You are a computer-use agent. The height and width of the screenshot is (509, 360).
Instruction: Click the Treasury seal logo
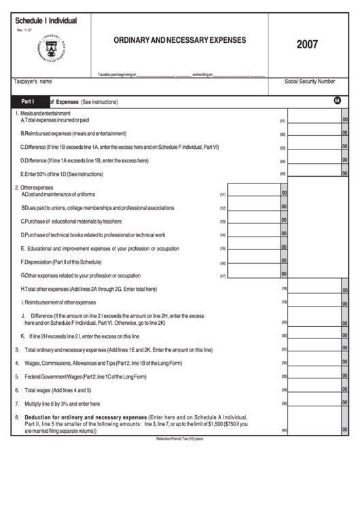tap(50, 50)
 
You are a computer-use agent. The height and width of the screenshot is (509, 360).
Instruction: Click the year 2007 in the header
tap(307, 45)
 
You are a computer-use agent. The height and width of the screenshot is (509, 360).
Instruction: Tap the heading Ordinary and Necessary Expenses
tap(180, 40)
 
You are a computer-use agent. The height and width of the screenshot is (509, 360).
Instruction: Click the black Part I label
tap(28, 101)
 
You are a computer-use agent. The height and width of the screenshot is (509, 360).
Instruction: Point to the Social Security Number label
tap(310, 81)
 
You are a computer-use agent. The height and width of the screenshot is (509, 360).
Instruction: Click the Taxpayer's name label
tap(33, 81)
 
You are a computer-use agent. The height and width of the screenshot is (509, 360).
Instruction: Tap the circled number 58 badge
tap(338, 101)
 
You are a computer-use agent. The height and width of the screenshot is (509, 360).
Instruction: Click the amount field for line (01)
tap(314, 119)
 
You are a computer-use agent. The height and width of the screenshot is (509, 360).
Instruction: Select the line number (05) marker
tap(283, 175)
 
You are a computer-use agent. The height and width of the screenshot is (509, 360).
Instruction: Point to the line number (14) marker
tap(223, 235)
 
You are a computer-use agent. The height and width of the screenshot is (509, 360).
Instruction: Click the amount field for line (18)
tap(314, 289)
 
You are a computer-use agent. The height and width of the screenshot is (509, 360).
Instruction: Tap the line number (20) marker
tap(285, 322)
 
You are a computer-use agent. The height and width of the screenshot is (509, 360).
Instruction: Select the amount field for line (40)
tap(314, 429)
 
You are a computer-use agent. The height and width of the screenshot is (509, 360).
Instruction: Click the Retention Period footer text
tap(179, 439)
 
